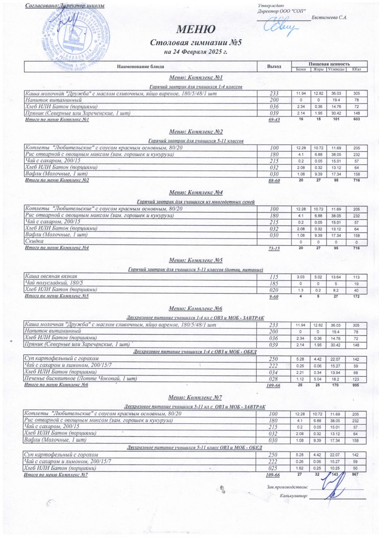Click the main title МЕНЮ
click(196, 30)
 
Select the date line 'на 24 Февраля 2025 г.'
click(196, 52)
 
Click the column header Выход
click(274, 67)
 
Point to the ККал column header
click(356, 69)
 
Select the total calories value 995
click(356, 385)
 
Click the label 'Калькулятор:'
click(293, 496)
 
